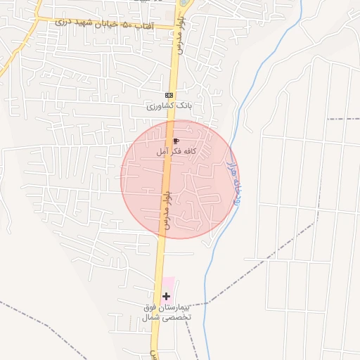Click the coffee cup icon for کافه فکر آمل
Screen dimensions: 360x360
coord(175,141)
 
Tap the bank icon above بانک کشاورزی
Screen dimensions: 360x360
coord(169,95)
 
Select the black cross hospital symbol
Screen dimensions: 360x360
coord(166,297)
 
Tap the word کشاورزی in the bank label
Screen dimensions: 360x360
coord(159,106)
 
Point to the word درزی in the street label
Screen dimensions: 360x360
coord(61,22)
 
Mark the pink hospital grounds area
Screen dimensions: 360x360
coord(169,285)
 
